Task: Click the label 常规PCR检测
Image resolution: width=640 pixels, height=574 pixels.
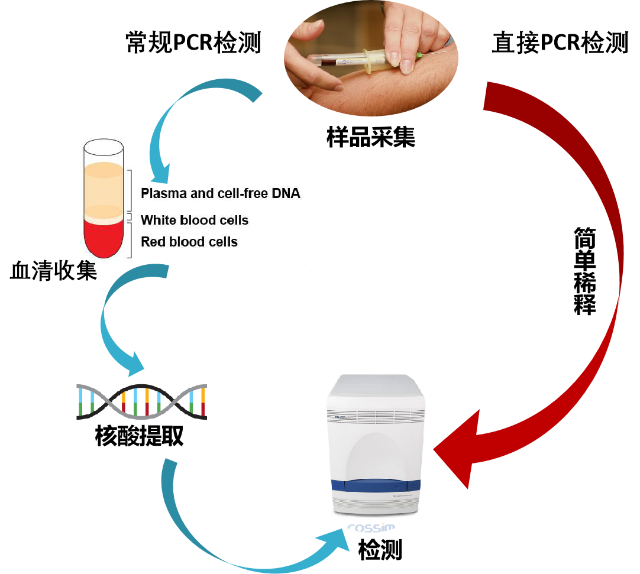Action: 193,43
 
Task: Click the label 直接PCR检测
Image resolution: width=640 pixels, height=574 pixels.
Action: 560,43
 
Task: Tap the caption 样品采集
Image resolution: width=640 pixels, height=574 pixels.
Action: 371,137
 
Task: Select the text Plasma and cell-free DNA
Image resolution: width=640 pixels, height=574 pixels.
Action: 220,193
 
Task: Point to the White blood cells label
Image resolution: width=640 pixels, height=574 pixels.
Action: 195,220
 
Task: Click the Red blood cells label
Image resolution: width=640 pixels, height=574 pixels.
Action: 189,242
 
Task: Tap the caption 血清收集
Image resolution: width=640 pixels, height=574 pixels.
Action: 53,271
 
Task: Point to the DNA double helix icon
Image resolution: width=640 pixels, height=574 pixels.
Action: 141,402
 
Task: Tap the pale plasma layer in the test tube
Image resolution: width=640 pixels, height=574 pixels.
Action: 103,183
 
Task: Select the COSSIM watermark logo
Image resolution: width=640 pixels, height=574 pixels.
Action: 371,528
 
